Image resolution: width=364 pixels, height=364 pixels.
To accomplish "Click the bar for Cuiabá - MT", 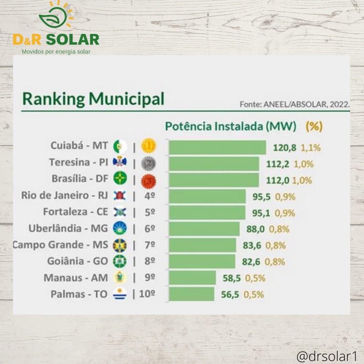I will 217,147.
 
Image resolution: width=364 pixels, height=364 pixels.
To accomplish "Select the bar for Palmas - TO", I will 191,294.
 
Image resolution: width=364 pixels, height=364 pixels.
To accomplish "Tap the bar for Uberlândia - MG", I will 204,229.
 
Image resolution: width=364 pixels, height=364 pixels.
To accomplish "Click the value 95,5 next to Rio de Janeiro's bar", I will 262,197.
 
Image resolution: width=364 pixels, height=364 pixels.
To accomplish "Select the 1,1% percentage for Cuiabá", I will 311,148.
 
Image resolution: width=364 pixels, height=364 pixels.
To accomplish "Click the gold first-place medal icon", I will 149,146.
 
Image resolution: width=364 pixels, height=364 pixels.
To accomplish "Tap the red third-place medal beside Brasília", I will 149,180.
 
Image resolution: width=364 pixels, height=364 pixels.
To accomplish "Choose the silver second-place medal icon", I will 149,163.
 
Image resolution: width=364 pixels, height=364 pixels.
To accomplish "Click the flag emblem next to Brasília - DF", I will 120,179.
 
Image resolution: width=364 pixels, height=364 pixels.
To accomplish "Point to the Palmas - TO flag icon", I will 120,294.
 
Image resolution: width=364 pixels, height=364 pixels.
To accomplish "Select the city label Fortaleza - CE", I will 76,212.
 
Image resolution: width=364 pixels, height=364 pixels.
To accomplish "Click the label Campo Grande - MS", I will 61,245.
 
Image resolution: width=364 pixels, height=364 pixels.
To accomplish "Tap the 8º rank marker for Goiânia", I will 150,261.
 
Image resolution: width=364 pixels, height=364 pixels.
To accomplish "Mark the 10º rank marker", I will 147,294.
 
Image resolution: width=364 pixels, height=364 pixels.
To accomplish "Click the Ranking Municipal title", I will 93,99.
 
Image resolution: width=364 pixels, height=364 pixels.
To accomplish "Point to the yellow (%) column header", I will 314,127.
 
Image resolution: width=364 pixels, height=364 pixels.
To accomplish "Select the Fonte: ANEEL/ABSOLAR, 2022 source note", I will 295,104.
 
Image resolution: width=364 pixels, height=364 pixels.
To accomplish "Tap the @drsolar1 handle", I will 327,356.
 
